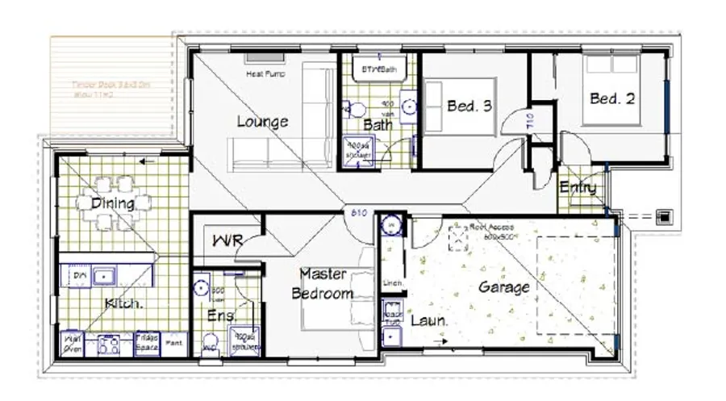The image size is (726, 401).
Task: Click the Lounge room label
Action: pyautogui.click(x=262, y=122)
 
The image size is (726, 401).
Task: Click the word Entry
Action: pyautogui.click(x=578, y=188)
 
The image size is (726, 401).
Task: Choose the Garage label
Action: pyautogui.click(x=504, y=286)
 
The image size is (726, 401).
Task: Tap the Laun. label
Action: pyautogui.click(x=429, y=320)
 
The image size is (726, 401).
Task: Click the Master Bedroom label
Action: pyautogui.click(x=323, y=284)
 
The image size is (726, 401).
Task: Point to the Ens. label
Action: pyautogui.click(x=219, y=315)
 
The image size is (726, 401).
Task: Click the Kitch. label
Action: pyautogui.click(x=124, y=303)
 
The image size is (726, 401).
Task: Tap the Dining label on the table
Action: pyautogui.click(x=112, y=203)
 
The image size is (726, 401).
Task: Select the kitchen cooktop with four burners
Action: pyautogui.click(x=109, y=345)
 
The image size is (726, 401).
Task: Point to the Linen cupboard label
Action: pyautogui.click(x=393, y=283)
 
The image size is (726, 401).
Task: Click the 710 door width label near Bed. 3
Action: pyautogui.click(x=530, y=121)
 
